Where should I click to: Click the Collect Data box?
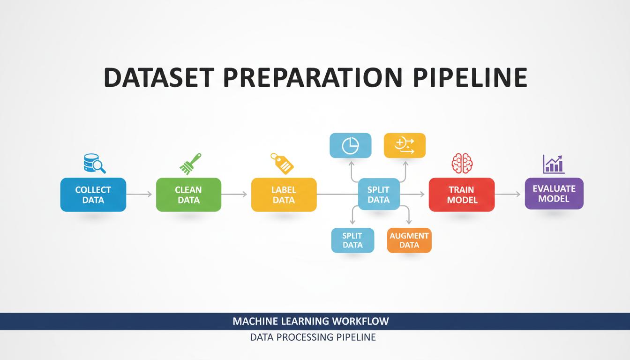(x=93, y=195)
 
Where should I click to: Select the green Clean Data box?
(x=189, y=195)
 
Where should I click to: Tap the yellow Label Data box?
(x=284, y=195)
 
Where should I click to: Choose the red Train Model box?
(x=462, y=195)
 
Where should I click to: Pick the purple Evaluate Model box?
(x=554, y=194)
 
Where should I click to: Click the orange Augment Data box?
(x=409, y=240)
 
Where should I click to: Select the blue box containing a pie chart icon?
(x=351, y=145)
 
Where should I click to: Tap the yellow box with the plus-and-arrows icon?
(x=405, y=145)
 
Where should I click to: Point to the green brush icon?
(x=190, y=164)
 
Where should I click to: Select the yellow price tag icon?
(x=282, y=164)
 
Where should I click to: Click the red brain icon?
(x=462, y=163)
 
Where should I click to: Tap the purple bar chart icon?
(x=554, y=164)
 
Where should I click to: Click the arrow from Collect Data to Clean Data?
(x=139, y=195)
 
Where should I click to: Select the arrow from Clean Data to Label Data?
(x=234, y=195)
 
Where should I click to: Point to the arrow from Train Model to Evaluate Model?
(x=508, y=195)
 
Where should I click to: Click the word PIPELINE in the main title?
(x=470, y=77)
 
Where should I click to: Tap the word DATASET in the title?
(x=159, y=77)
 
